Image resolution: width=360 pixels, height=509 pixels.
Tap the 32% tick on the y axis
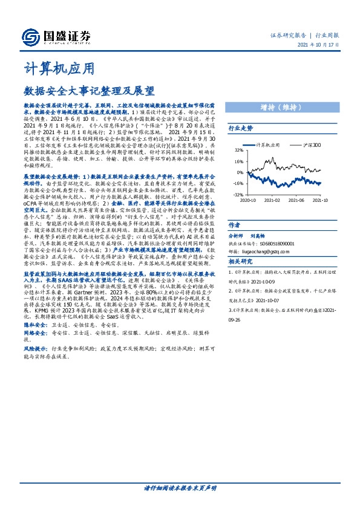[x=239, y=151]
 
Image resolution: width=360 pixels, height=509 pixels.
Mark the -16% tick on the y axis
[x=238, y=183]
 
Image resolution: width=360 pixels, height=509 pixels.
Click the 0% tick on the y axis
[x=240, y=172]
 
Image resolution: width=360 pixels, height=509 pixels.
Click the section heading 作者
[x=234, y=224]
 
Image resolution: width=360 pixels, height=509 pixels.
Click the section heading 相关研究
[x=240, y=262]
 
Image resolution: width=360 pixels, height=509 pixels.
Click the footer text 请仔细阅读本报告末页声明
[x=180, y=488]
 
